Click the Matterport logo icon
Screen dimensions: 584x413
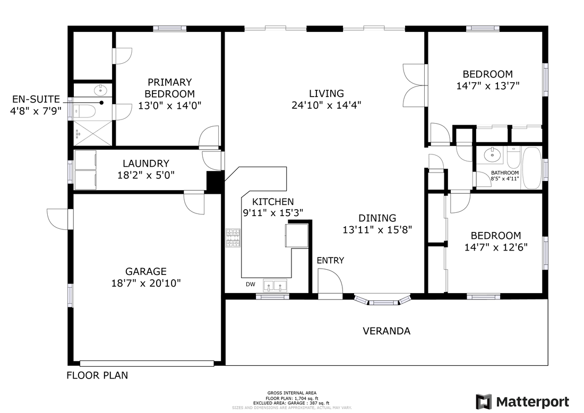(484, 402)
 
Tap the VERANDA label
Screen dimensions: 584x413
(387, 331)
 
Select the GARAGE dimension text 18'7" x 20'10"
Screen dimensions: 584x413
(146, 283)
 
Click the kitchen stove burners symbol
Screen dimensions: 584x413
(233, 238)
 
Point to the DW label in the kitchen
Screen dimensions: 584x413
(250, 285)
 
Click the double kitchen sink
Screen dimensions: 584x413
(275, 286)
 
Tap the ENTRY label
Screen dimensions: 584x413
(330, 260)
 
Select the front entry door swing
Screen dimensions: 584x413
(330, 282)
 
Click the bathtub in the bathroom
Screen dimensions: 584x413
(532, 168)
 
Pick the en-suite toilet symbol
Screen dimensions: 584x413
(83, 110)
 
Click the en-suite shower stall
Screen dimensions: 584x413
(93, 133)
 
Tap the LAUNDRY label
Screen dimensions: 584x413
(146, 164)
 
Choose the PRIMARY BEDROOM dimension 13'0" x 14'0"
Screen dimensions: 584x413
(170, 106)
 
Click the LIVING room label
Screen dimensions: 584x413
(327, 93)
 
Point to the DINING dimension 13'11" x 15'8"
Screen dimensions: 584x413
(377, 230)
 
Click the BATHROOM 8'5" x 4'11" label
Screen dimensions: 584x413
(505, 176)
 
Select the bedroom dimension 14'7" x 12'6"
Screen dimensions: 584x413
(496, 247)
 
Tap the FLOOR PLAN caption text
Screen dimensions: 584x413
(97, 375)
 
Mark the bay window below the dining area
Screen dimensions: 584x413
(382, 300)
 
